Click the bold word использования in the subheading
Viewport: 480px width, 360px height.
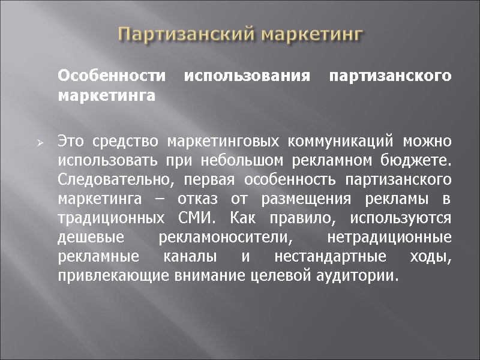tap(230, 77)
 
